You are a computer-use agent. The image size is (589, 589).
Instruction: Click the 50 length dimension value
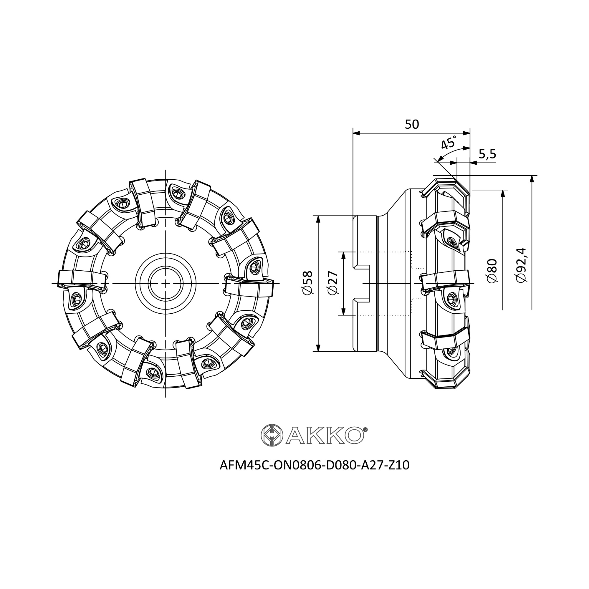(412, 124)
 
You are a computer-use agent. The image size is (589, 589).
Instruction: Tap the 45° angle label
(449, 142)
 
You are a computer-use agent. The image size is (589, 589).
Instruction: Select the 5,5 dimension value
(487, 154)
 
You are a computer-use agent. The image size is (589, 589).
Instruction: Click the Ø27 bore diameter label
(333, 283)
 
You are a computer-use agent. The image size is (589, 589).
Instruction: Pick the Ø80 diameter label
(492, 271)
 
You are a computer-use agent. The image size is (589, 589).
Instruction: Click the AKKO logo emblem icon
(272, 435)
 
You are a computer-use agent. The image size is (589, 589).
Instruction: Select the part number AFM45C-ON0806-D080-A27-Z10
(314, 465)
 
